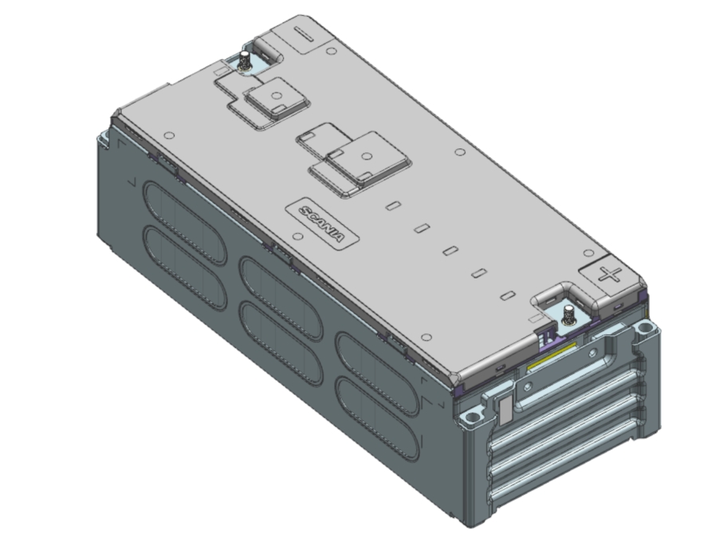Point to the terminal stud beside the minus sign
click(x=244, y=60)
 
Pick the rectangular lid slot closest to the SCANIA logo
click(x=393, y=206)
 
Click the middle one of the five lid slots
click(x=450, y=251)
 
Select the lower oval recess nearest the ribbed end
click(x=376, y=407)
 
